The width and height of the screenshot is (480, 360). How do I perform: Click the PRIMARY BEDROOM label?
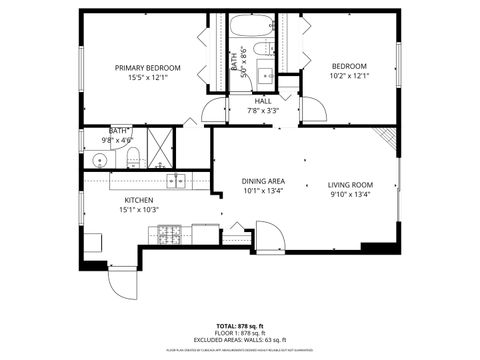click(x=141, y=68)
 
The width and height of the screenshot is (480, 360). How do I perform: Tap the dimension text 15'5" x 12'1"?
click(x=141, y=78)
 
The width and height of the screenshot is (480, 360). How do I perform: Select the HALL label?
click(x=263, y=100)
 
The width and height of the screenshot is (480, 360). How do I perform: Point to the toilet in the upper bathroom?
click(x=264, y=49)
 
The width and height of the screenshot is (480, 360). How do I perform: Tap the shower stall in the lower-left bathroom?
click(x=160, y=147)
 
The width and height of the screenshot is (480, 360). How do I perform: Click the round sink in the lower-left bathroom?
click(x=99, y=159)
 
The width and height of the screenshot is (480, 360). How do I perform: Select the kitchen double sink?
click(x=177, y=180)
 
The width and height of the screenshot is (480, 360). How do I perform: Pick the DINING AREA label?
click(x=262, y=181)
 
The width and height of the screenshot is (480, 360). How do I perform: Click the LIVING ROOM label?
click(x=350, y=185)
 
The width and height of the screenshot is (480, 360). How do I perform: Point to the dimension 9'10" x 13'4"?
click(x=350, y=195)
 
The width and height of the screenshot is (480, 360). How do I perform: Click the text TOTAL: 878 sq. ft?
click(x=240, y=326)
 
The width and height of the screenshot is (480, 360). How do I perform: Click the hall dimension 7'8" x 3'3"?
click(x=263, y=110)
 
